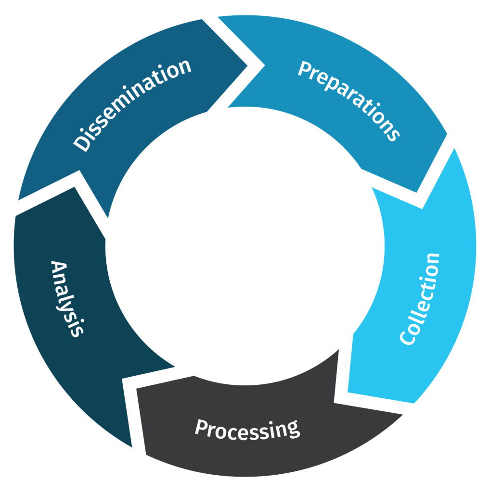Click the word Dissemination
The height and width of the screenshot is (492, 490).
point(133,105)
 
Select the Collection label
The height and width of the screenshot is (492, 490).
point(420,298)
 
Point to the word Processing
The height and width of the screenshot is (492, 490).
point(247,429)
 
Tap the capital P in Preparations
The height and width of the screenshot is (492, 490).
point(304,70)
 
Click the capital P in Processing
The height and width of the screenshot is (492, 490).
point(201,427)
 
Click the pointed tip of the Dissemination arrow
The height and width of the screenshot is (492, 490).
point(247,65)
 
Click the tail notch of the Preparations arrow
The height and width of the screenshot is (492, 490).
point(263,65)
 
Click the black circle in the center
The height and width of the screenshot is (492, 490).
point(245,245)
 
